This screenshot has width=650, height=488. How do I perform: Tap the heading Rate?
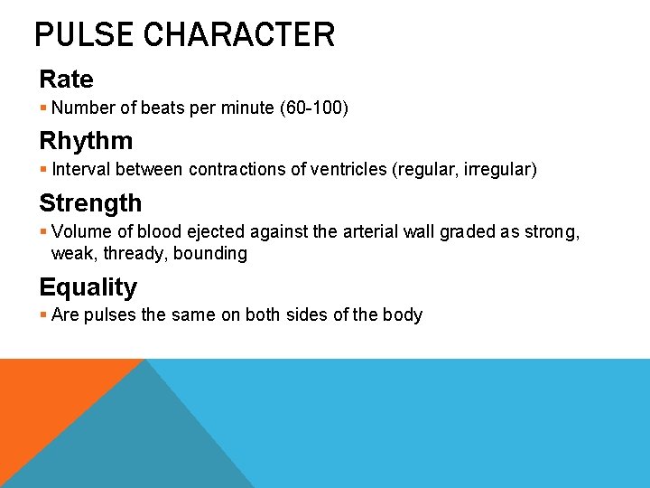[66, 79]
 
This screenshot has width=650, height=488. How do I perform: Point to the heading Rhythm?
[86, 141]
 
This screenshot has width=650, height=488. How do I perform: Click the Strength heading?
[90, 203]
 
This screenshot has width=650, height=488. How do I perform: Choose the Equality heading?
[88, 287]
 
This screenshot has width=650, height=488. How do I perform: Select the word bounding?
[211, 254]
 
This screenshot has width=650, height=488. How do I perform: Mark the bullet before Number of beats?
[43, 108]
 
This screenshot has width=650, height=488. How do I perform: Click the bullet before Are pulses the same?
[43, 315]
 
